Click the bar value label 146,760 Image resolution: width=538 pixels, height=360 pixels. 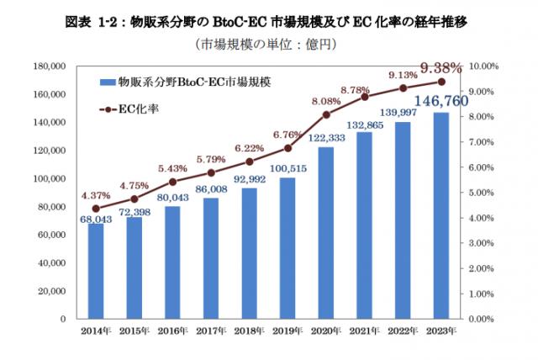click(x=440, y=101)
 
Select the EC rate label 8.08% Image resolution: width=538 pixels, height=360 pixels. click(x=325, y=102)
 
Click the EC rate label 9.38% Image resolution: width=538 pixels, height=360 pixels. click(x=439, y=67)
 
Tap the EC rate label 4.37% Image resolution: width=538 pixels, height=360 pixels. click(x=95, y=197)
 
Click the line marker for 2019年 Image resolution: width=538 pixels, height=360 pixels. click(x=287, y=148)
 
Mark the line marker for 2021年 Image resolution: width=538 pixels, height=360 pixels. click(x=364, y=97)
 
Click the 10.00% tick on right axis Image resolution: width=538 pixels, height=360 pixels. click(x=483, y=66)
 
